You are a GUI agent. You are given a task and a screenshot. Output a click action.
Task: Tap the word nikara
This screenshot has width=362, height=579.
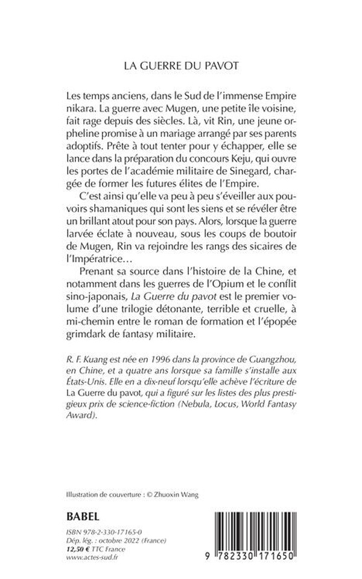(78, 113)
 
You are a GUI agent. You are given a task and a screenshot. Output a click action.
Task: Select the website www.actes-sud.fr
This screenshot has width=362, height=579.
(92, 559)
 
